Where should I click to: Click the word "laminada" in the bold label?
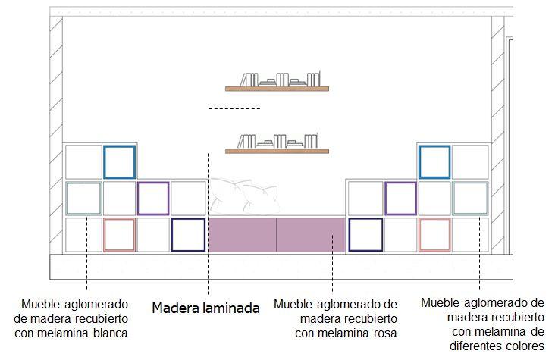(x=228, y=308)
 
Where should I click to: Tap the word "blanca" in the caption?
(x=107, y=332)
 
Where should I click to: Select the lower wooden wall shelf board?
(x=277, y=150)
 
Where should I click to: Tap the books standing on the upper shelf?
(x=278, y=80)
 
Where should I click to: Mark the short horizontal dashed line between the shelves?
(x=234, y=109)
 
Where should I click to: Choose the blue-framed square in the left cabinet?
(x=119, y=161)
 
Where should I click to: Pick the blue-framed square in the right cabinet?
(x=434, y=161)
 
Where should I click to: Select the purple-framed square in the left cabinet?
(x=153, y=198)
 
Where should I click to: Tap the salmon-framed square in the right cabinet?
(x=434, y=234)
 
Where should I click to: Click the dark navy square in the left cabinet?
(x=188, y=234)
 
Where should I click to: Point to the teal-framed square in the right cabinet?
(x=470, y=198)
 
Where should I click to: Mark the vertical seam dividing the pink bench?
(x=277, y=234)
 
